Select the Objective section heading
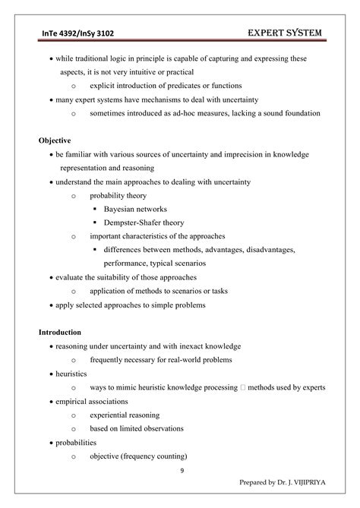54,140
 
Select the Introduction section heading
61,332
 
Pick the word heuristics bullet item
71,374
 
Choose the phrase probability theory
120,195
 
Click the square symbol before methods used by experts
242,387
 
